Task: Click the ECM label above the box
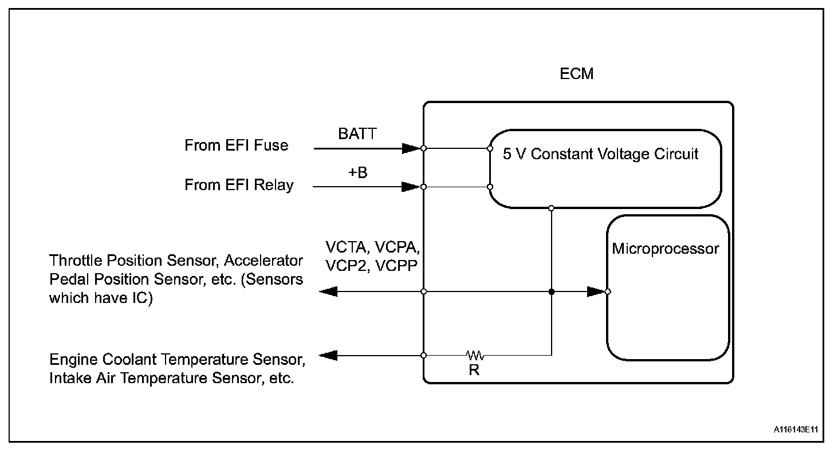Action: click(577, 74)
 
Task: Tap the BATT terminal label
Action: click(357, 135)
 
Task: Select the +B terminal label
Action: click(358, 172)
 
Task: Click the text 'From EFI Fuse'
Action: click(236, 145)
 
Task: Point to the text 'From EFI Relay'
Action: click(239, 185)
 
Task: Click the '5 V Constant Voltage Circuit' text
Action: click(601, 154)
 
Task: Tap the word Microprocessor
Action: click(665, 249)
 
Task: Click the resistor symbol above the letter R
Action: click(474, 355)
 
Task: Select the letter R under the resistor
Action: click(474, 370)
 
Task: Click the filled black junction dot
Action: click(551, 292)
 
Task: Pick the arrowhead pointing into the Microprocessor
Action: click(596, 292)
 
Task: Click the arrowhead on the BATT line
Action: click(411, 148)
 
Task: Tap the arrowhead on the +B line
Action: click(411, 186)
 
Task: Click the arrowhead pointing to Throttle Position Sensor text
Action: click(328, 292)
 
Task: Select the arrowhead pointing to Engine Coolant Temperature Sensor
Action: click(328, 355)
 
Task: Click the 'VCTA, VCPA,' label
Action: click(373, 247)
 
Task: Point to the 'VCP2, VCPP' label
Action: click(372, 265)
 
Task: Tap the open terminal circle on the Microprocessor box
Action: click(607, 292)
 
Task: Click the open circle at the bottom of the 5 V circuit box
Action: click(551, 207)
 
